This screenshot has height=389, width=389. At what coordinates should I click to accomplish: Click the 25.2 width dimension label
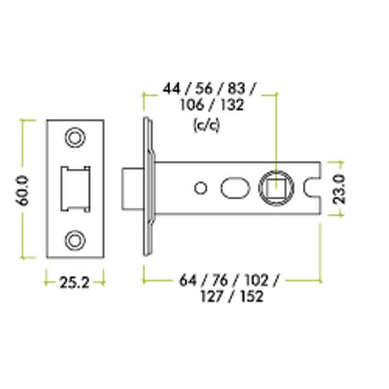(74, 283)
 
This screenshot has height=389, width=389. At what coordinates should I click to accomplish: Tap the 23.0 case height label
(339, 189)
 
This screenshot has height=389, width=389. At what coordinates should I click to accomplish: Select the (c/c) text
(207, 126)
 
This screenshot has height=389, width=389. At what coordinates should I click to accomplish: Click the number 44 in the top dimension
(172, 89)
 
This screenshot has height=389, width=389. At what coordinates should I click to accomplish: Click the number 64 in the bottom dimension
(188, 281)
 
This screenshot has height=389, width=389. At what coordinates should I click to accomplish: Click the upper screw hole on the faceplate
(74, 138)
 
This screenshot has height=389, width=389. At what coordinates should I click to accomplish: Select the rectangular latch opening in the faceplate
(75, 189)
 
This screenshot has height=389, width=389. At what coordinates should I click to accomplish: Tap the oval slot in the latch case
(234, 188)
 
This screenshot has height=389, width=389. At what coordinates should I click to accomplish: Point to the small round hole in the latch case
(199, 188)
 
